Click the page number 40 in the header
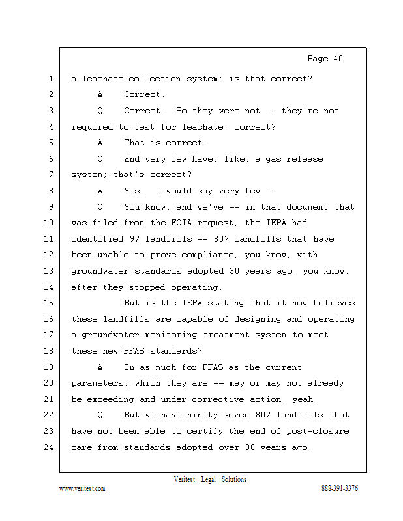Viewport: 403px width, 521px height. click(337, 59)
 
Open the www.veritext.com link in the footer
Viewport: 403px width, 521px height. click(82, 488)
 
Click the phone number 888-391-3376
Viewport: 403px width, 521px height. click(340, 488)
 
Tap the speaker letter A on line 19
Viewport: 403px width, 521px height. click(100, 367)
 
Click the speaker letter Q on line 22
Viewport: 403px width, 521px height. click(100, 415)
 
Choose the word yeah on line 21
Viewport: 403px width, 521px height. click(300, 399)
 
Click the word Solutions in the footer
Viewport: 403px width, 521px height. click(233, 479)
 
